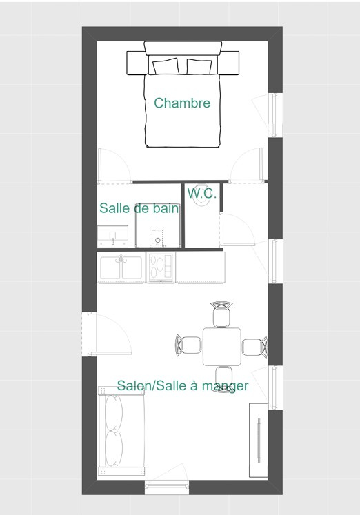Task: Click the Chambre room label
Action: pyautogui.click(x=182, y=103)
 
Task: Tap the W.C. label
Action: pyautogui.click(x=201, y=193)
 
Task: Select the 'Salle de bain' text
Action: pyautogui.click(x=139, y=208)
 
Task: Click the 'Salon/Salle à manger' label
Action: pyautogui.click(x=183, y=385)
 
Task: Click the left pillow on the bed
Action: pyautogui.click(x=166, y=66)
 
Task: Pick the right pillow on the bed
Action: pyautogui.click(x=199, y=66)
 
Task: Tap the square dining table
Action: pyautogui.click(x=222, y=347)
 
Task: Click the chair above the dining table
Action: pyautogui.click(x=221, y=314)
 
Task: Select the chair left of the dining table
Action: pyautogui.click(x=188, y=345)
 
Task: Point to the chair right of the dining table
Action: pyautogui.click(x=255, y=347)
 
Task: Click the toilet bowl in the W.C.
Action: pyautogui.click(x=201, y=199)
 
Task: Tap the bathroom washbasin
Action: pyautogui.click(x=112, y=236)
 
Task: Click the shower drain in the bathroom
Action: pyautogui.click(x=158, y=240)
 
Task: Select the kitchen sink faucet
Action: pyautogui.click(x=121, y=259)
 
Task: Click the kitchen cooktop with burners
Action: pyautogui.click(x=161, y=267)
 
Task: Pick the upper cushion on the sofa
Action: pyautogui.click(x=114, y=412)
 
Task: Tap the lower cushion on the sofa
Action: pyautogui.click(x=114, y=449)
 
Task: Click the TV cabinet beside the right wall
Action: pyautogui.click(x=259, y=440)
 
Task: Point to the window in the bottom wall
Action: pyautogui.click(x=167, y=486)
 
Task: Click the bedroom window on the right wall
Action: pyautogui.click(x=275, y=114)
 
